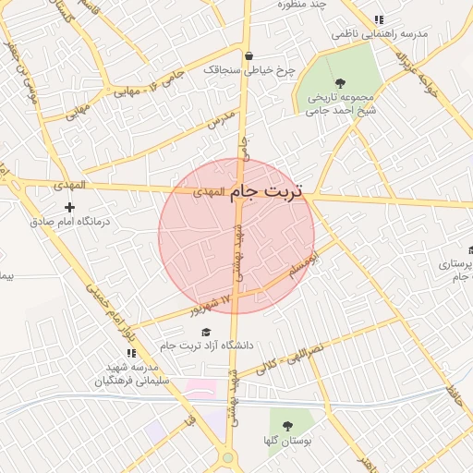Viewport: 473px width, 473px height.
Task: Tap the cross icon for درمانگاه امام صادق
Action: pyautogui.click(x=69, y=207)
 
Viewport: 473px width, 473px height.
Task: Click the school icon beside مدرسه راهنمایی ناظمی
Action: pyautogui.click(x=379, y=19)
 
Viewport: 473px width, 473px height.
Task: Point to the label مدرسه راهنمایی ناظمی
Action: pyautogui.click(x=381, y=33)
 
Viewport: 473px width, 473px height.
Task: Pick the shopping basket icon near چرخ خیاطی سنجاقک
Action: pyautogui.click(x=249, y=55)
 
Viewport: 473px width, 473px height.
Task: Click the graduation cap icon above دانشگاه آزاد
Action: pyautogui.click(x=205, y=332)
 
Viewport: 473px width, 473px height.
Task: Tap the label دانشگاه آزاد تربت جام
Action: pyautogui.click(x=205, y=346)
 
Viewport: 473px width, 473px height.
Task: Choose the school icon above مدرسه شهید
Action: pyautogui.click(x=130, y=353)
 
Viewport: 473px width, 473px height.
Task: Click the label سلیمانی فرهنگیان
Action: pyautogui.click(x=130, y=380)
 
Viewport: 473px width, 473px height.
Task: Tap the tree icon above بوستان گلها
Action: pyautogui.click(x=287, y=427)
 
